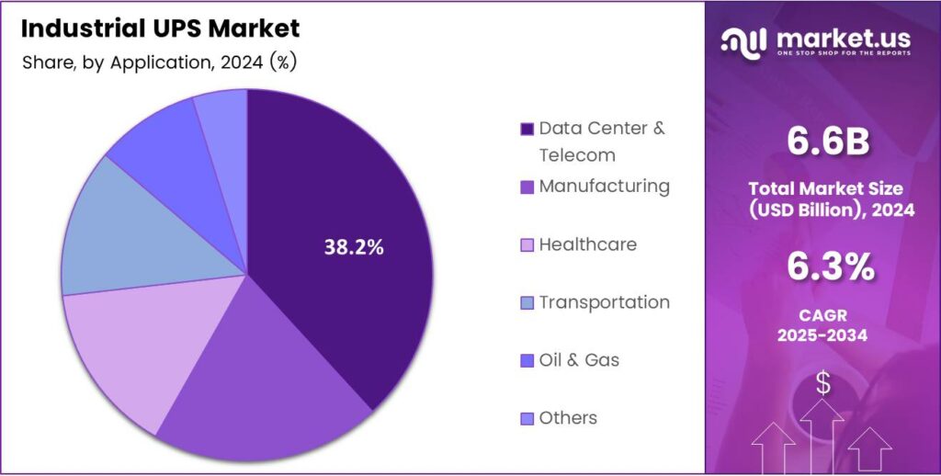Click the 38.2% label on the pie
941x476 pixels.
[x=354, y=246]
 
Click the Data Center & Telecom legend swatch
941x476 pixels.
[x=527, y=129]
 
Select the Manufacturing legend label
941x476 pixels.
[x=604, y=187]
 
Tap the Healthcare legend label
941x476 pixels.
[x=587, y=244]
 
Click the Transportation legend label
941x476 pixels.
[x=604, y=302]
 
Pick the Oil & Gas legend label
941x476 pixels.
[x=579, y=360]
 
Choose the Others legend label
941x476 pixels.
[x=568, y=418]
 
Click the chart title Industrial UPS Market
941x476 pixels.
[x=160, y=28]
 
